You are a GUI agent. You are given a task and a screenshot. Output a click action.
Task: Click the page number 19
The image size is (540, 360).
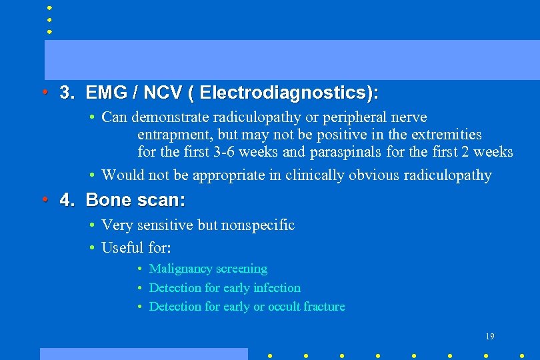tap(490, 336)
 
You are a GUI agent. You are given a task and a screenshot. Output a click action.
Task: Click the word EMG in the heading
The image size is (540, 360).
tap(102, 92)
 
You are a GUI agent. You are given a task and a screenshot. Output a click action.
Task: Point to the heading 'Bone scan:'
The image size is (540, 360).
tap(135, 199)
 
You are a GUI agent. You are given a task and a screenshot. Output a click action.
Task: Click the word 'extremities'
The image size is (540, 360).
tap(446, 135)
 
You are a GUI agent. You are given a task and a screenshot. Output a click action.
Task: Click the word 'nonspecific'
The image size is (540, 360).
tap(257, 225)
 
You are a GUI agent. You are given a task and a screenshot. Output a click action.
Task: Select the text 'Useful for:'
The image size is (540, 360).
tap(136, 248)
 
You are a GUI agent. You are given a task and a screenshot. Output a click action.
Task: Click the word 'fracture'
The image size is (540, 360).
tap(324, 307)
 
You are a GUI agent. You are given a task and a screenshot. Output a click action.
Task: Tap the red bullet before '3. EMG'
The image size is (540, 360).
tap(44, 91)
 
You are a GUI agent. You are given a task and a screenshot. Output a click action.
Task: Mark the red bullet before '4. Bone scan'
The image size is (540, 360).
tap(44, 199)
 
